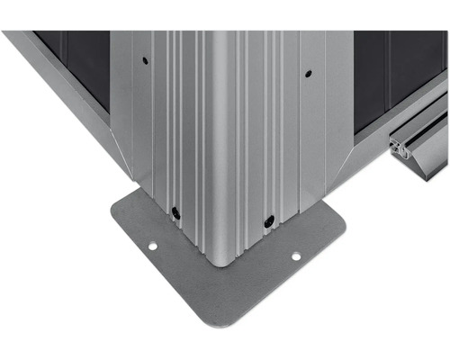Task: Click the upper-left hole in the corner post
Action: [145, 61]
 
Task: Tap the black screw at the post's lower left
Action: [175, 213]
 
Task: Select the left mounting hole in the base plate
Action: [152, 246]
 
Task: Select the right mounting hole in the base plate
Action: [295, 256]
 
